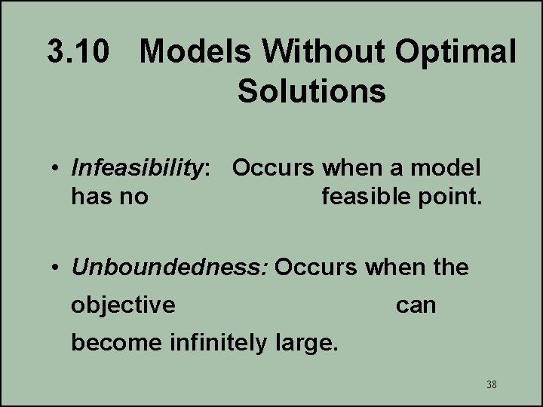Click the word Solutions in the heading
(x=311, y=91)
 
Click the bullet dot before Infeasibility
(x=57, y=169)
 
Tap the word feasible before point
(x=367, y=197)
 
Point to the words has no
(x=109, y=197)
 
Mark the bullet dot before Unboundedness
(x=57, y=268)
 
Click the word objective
(x=123, y=305)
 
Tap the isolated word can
(x=416, y=305)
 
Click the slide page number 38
(x=492, y=385)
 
